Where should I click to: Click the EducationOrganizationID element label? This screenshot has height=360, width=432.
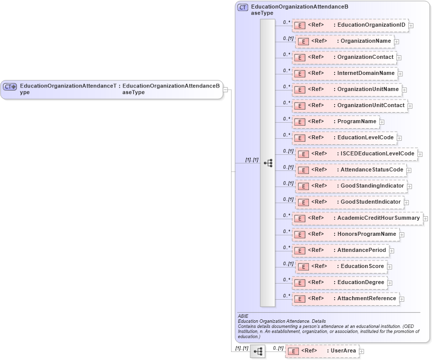pos(371,25)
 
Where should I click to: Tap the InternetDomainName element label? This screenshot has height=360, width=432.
pos(366,73)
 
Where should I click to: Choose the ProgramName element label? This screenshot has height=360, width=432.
pos(357,122)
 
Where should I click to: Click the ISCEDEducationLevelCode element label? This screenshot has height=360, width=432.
pos(377,154)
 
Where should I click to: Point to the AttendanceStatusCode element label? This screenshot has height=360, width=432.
pos(372,170)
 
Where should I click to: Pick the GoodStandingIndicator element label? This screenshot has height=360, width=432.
pos(372,186)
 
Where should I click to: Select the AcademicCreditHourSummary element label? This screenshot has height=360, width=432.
pos(378,218)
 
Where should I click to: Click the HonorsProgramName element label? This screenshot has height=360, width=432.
pos(367,234)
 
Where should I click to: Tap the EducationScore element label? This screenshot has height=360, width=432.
pos(362,266)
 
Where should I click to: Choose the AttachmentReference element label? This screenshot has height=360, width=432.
pos(367,299)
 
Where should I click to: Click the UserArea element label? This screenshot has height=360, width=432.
pos(343,351)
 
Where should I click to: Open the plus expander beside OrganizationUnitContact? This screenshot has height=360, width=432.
pos(410,106)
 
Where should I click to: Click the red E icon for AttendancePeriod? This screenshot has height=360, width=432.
pos(299,250)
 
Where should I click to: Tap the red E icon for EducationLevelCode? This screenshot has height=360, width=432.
pos(299,138)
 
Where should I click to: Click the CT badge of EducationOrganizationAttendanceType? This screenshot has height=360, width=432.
pos(10,86)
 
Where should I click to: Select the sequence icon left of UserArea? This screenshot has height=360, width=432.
pos(258,351)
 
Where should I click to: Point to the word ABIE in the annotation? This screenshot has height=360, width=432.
pos(244,316)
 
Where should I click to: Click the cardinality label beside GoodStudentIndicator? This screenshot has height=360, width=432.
pos(288,199)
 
